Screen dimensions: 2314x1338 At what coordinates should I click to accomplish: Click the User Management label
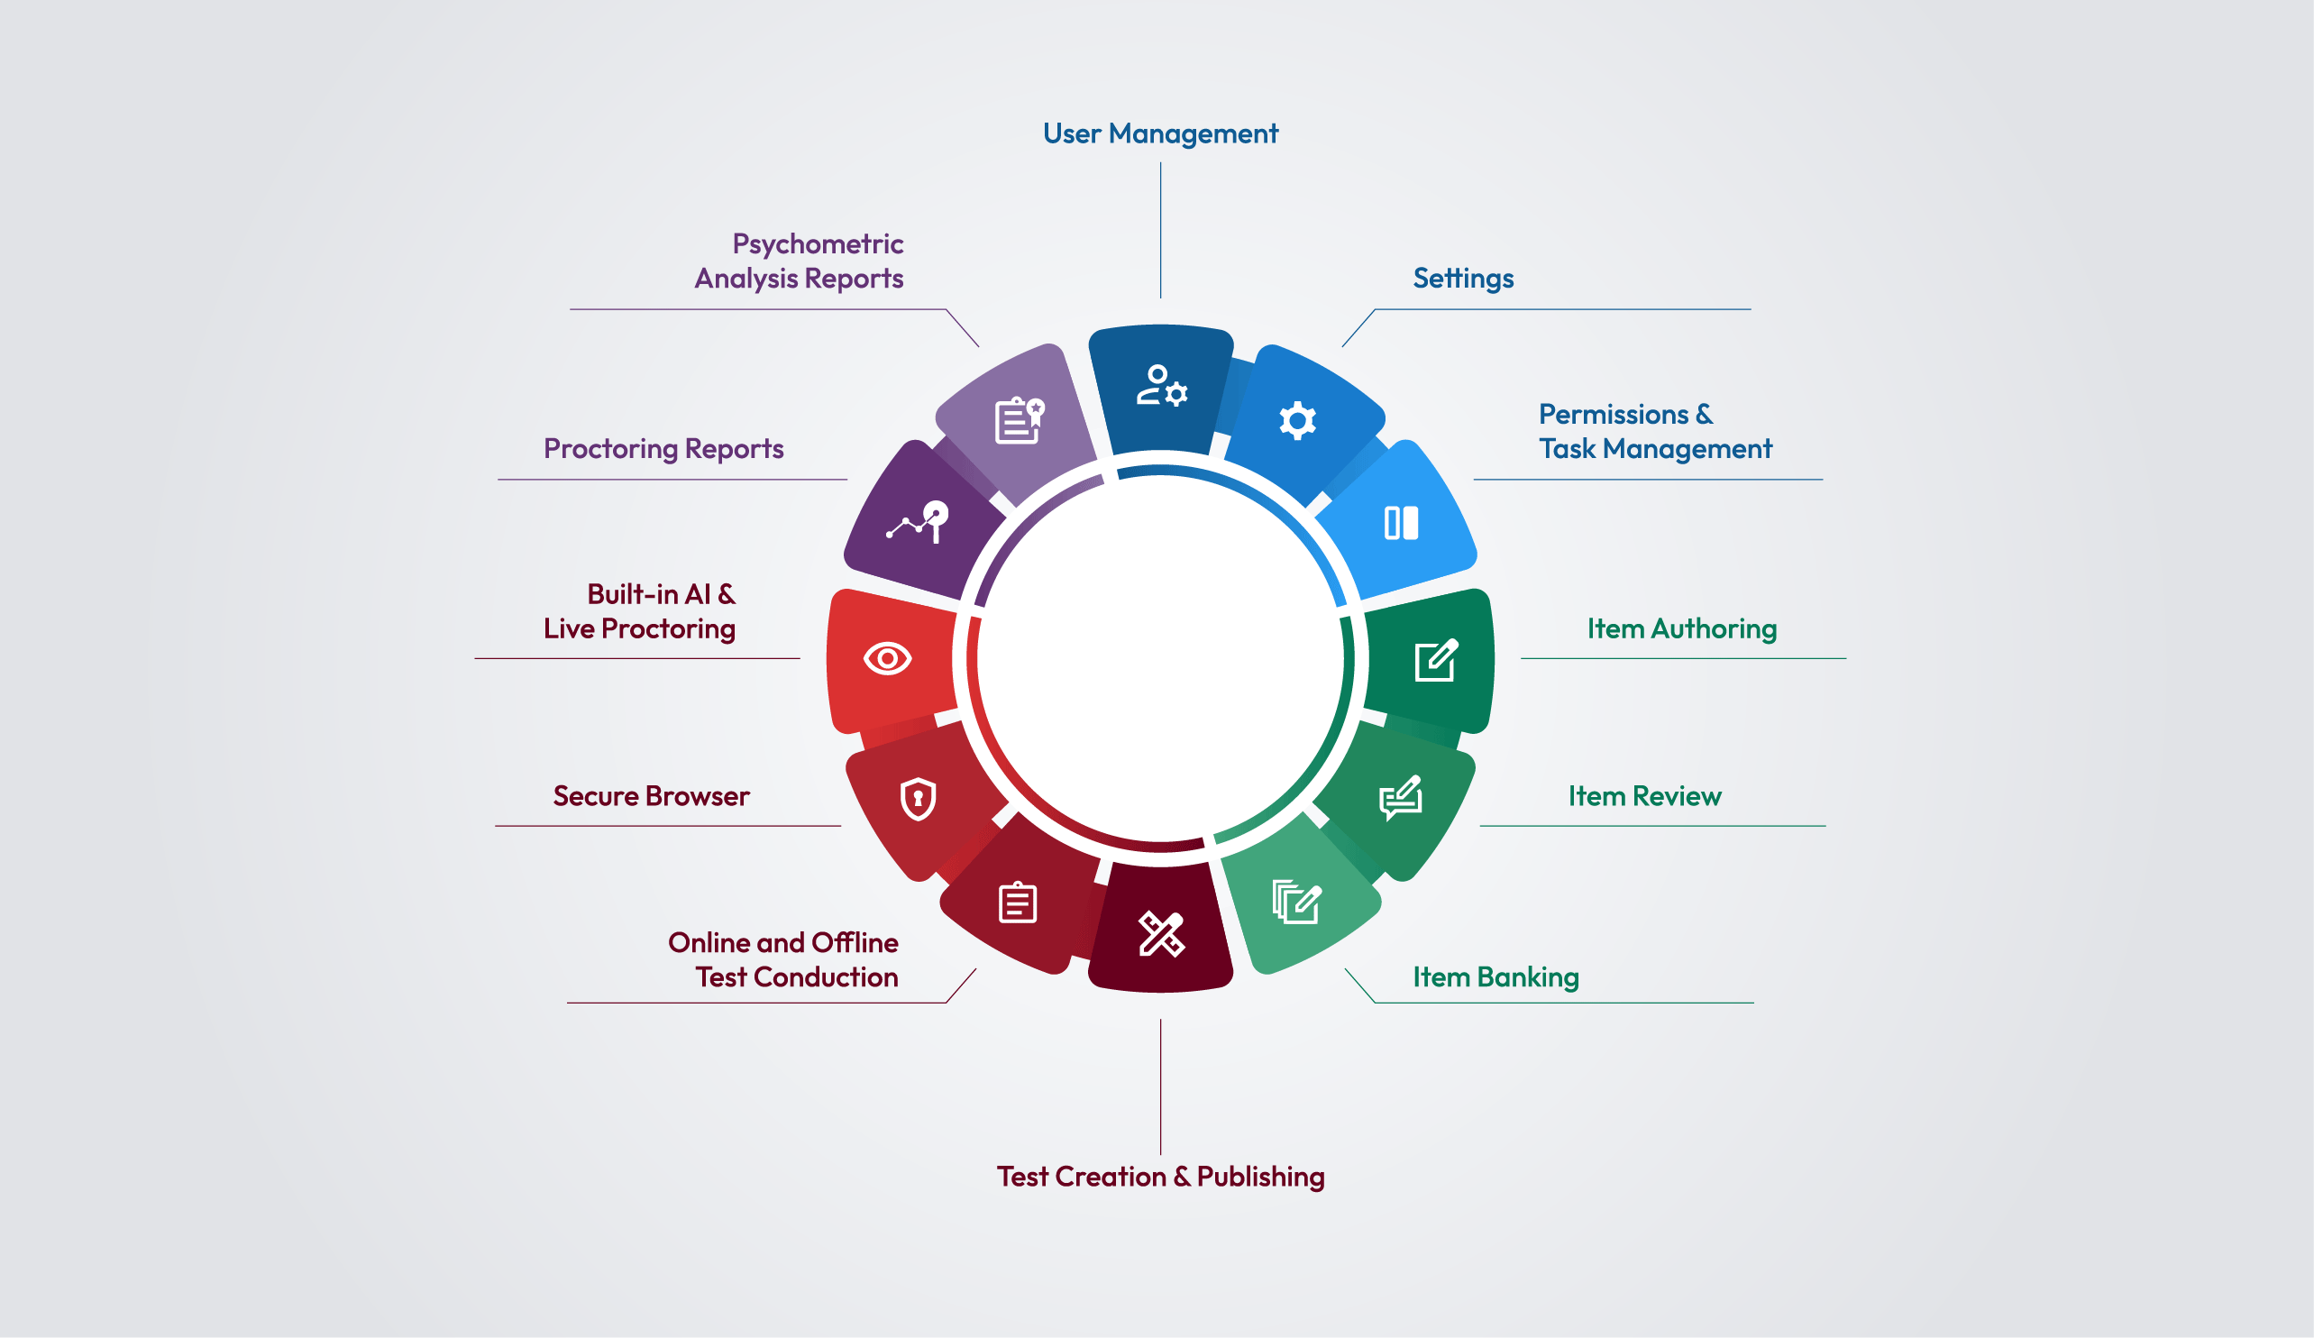pos(1160,134)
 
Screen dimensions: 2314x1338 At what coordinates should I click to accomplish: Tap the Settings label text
pos(1463,279)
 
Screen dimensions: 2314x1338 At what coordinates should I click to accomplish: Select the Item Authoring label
pos(1681,628)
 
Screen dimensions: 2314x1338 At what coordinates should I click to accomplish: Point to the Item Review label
pos(1643,795)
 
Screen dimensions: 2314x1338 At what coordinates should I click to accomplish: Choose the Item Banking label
pos(1495,977)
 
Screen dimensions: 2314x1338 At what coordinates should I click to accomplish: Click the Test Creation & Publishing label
pos(1160,1177)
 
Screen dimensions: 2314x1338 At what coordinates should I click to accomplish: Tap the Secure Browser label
pos(651,795)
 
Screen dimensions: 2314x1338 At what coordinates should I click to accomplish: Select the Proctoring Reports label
pos(663,449)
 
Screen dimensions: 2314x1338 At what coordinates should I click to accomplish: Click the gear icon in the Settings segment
pos(1296,420)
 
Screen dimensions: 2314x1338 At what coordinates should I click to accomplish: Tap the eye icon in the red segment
pos(887,658)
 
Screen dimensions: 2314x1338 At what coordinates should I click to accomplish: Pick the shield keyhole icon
pos(918,799)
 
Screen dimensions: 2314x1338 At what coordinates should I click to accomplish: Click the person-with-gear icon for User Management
pos(1162,386)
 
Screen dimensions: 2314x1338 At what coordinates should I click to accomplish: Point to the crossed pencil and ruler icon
pos(1161,934)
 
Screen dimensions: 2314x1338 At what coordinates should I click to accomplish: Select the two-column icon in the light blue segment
pos(1400,523)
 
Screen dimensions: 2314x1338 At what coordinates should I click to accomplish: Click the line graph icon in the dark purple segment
pos(918,522)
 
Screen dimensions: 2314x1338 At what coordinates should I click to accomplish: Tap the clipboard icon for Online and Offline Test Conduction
pos(1018,902)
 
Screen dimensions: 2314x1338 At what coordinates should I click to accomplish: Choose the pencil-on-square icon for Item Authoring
pos(1436,660)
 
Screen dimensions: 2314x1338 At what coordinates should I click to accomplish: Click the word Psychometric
pos(818,244)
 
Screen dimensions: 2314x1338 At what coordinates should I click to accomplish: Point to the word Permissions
pos(1614,414)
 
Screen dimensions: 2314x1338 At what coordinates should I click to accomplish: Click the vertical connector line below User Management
pos(1161,231)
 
